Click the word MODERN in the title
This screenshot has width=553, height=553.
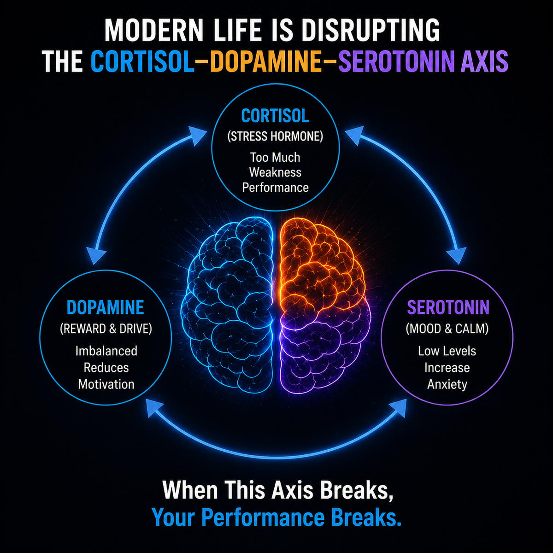[x=154, y=30]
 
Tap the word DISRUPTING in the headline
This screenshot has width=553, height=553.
[x=371, y=30]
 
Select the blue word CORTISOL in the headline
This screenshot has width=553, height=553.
[x=142, y=61]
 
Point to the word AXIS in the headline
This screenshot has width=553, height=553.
[x=484, y=61]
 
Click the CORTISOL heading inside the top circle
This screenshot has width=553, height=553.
[x=275, y=116]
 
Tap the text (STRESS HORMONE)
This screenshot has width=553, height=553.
[x=275, y=136]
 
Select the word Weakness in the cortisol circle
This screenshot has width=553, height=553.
[x=275, y=172]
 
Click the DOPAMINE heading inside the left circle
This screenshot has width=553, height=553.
[x=106, y=307]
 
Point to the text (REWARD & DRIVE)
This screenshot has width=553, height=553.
[x=106, y=329]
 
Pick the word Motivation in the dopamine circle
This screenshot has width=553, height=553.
[x=106, y=384]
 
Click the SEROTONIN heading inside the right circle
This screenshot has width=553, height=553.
[x=448, y=307]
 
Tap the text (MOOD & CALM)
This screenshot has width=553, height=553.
[x=447, y=329]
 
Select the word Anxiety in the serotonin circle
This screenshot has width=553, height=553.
[x=447, y=384]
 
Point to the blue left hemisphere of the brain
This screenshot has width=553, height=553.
[x=227, y=304]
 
